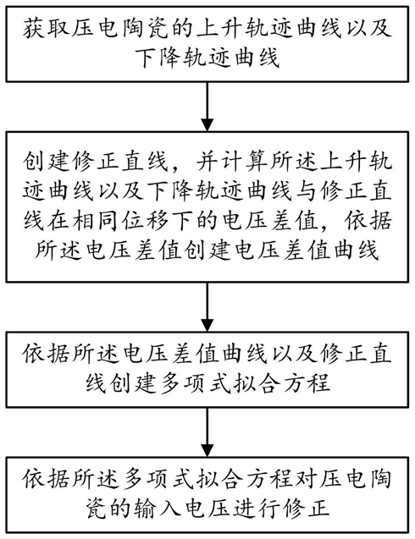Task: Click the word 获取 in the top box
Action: pos(47,28)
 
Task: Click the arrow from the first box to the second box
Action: pos(207,107)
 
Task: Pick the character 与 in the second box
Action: pos(305,190)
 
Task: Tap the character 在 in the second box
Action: pos(58,220)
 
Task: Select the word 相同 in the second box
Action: pos(96,220)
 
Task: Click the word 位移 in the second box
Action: pos(145,220)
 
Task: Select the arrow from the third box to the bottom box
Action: pos(207,432)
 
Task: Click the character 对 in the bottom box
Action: pos(305,479)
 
